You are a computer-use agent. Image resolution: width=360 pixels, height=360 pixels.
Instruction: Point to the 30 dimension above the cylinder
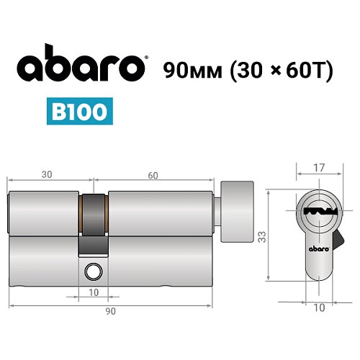[48, 174]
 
